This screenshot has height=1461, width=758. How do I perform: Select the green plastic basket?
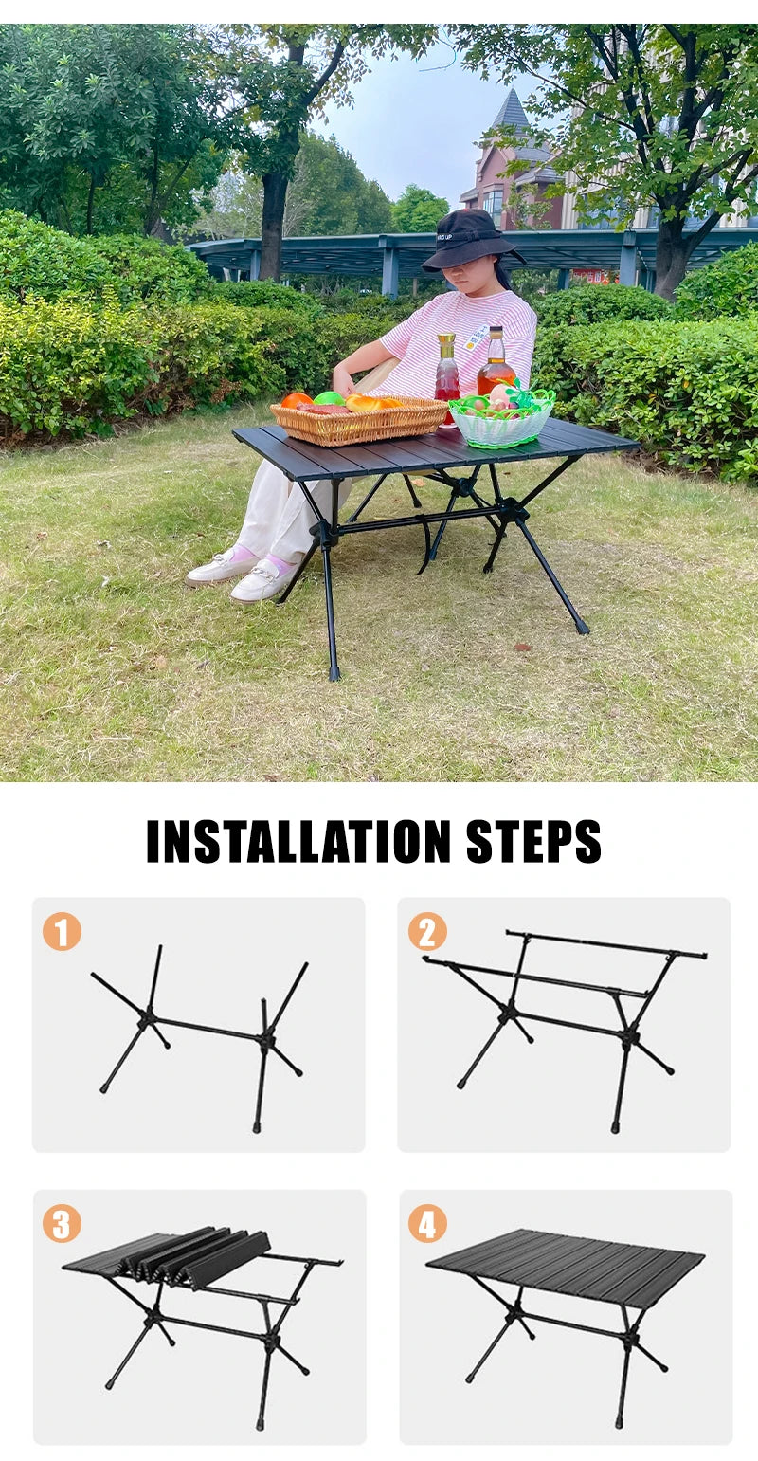coord(501,421)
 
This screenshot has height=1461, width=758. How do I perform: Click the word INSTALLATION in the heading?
coord(298,841)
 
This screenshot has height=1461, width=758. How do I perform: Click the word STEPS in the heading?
coord(533,841)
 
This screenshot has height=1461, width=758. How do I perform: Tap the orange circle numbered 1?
coord(62,931)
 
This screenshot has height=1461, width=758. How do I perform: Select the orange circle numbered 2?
coord(427,931)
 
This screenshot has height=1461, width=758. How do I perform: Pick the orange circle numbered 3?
coord(62,1223)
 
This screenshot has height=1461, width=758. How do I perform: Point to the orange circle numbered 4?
coord(427,1223)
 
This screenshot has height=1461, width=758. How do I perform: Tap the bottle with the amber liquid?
coord(496,362)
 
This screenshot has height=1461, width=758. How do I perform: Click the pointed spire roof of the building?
coord(511,110)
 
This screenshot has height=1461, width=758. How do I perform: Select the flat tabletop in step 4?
coord(565,1268)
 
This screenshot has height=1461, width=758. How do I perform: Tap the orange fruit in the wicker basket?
coord(298,400)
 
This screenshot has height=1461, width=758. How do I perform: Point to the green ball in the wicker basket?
coord(329,398)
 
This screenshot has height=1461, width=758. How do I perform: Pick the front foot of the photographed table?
coord(334,672)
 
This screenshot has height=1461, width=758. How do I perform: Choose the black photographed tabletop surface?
coord(436,447)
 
